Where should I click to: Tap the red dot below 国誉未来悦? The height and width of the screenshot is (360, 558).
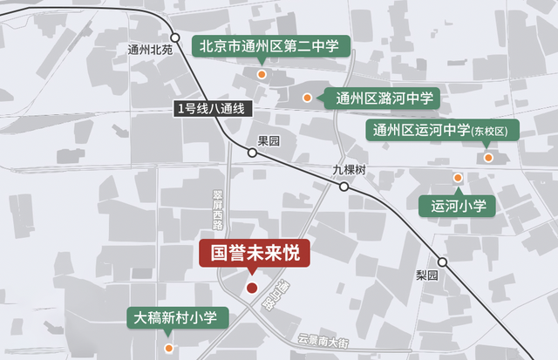click(252, 288)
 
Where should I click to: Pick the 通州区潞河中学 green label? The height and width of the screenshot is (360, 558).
click(382, 98)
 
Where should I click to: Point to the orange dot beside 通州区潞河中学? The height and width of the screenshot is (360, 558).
click(307, 98)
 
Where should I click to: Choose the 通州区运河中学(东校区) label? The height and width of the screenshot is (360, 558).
click(442, 131)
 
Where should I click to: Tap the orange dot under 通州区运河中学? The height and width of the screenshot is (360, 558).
click(489, 158)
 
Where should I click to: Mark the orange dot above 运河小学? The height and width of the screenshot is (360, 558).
click(458, 178)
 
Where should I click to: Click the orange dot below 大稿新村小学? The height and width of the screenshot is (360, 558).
click(169, 348)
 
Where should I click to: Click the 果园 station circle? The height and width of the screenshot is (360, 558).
click(252, 153)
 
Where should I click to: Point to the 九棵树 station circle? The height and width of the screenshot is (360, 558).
click(344, 187)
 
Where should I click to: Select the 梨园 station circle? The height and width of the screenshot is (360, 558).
click(442, 262)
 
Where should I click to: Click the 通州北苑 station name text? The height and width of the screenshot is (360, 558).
click(150, 50)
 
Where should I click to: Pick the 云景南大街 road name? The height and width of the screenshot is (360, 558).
click(323, 340)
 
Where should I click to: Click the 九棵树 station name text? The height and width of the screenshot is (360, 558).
click(349, 169)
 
